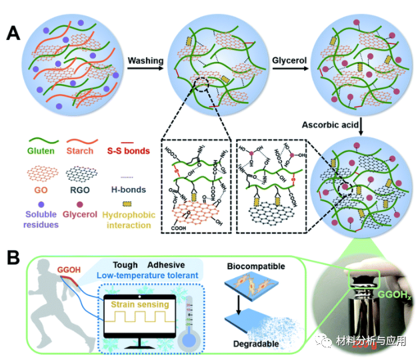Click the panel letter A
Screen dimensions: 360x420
point(14,33)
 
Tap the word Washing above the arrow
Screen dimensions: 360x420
point(145,61)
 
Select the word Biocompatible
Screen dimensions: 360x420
point(256,267)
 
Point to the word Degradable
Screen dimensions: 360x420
point(253,343)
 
